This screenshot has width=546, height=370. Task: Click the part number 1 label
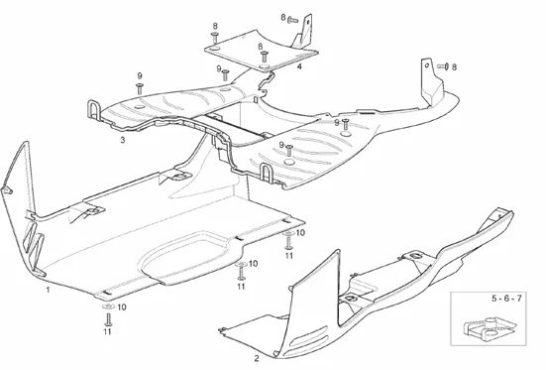pyautogui.click(x=47, y=291)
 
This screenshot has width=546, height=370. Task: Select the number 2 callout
pyautogui.click(x=257, y=356)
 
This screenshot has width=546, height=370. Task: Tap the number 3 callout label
pyautogui.click(x=122, y=142)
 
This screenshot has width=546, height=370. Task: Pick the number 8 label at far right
pyautogui.click(x=454, y=66)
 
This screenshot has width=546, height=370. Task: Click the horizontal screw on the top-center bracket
pyautogui.click(x=292, y=18)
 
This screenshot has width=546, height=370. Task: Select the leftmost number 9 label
pyautogui.click(x=140, y=76)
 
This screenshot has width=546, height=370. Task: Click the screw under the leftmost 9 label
pyautogui.click(x=140, y=89)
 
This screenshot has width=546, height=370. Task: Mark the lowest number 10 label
pyautogui.click(x=122, y=308)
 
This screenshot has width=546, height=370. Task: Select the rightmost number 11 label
pyautogui.click(x=289, y=255)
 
